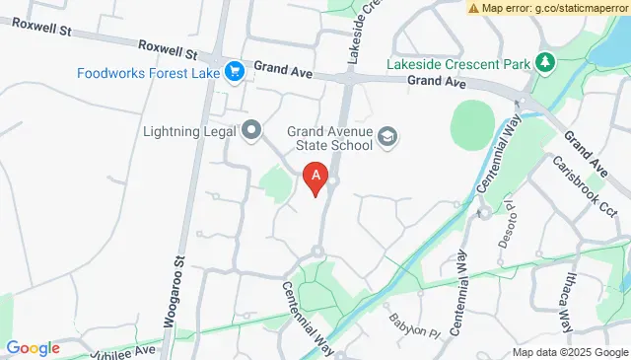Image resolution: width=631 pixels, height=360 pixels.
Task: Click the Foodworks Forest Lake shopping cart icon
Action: coord(235,71)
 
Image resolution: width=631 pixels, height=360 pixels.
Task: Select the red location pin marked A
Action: coord(315,178)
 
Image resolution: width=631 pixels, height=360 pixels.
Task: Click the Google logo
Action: coord(34,348)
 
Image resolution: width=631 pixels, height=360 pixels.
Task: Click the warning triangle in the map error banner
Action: coord(474,8)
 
